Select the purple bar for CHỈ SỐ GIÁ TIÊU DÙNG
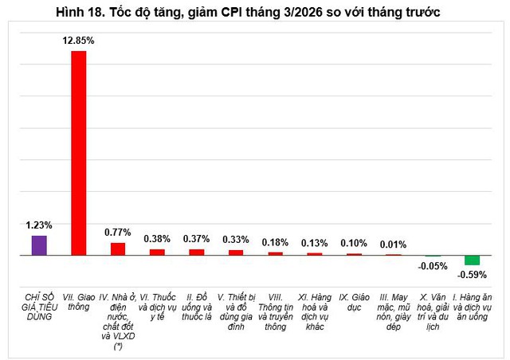(x=39, y=245)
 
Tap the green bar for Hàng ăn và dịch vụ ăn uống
(x=472, y=260)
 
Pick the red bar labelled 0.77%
(x=118, y=248)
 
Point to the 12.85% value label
(x=79, y=40)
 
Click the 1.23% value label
(x=39, y=225)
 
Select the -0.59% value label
(x=472, y=276)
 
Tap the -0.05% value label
(x=433, y=267)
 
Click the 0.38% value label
(x=157, y=238)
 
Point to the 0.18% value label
(x=275, y=242)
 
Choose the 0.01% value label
(x=393, y=245)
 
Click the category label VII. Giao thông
(x=79, y=301)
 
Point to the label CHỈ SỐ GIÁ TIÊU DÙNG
(x=39, y=306)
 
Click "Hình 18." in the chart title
(x=80, y=14)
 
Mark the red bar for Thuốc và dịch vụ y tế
(x=157, y=252)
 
